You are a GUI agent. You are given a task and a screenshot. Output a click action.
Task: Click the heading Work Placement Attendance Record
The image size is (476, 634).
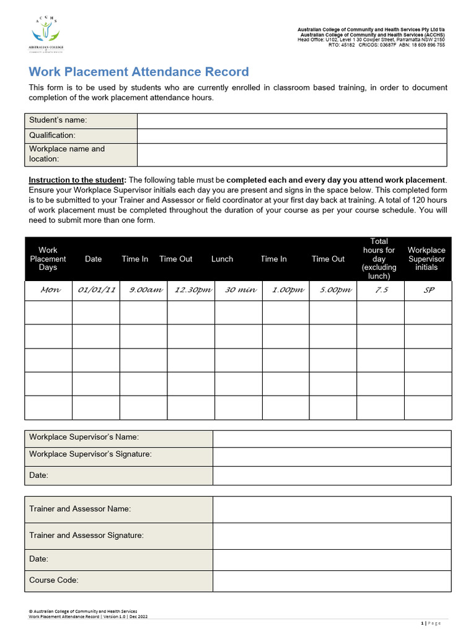point(139,72)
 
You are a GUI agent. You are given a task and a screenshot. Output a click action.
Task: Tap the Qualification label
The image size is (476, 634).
point(52,135)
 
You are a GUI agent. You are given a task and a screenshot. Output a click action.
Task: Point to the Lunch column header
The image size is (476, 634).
point(222,259)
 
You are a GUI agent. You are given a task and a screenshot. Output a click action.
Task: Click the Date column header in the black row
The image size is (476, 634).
point(94,259)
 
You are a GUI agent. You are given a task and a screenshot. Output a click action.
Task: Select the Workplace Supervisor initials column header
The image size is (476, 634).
point(426,259)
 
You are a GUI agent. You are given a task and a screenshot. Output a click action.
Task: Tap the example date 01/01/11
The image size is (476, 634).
point(95,290)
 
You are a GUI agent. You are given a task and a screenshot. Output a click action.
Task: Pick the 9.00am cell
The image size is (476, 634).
point(143,290)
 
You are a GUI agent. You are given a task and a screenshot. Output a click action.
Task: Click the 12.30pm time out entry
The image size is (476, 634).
point(191,290)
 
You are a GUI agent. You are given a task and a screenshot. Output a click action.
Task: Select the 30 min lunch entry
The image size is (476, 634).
point(239,290)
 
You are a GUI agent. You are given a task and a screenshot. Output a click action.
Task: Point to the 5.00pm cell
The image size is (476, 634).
point(333,290)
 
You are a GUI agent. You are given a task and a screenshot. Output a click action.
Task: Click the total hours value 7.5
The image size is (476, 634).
point(381,290)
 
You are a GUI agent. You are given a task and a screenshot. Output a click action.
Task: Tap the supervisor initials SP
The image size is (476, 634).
point(428,290)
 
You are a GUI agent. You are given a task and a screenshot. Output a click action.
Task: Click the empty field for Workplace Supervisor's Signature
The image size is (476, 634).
point(332,457)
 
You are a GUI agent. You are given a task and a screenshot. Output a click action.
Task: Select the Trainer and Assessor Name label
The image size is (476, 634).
point(80,509)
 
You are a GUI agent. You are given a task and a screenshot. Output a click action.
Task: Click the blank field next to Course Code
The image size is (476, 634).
point(332,581)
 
